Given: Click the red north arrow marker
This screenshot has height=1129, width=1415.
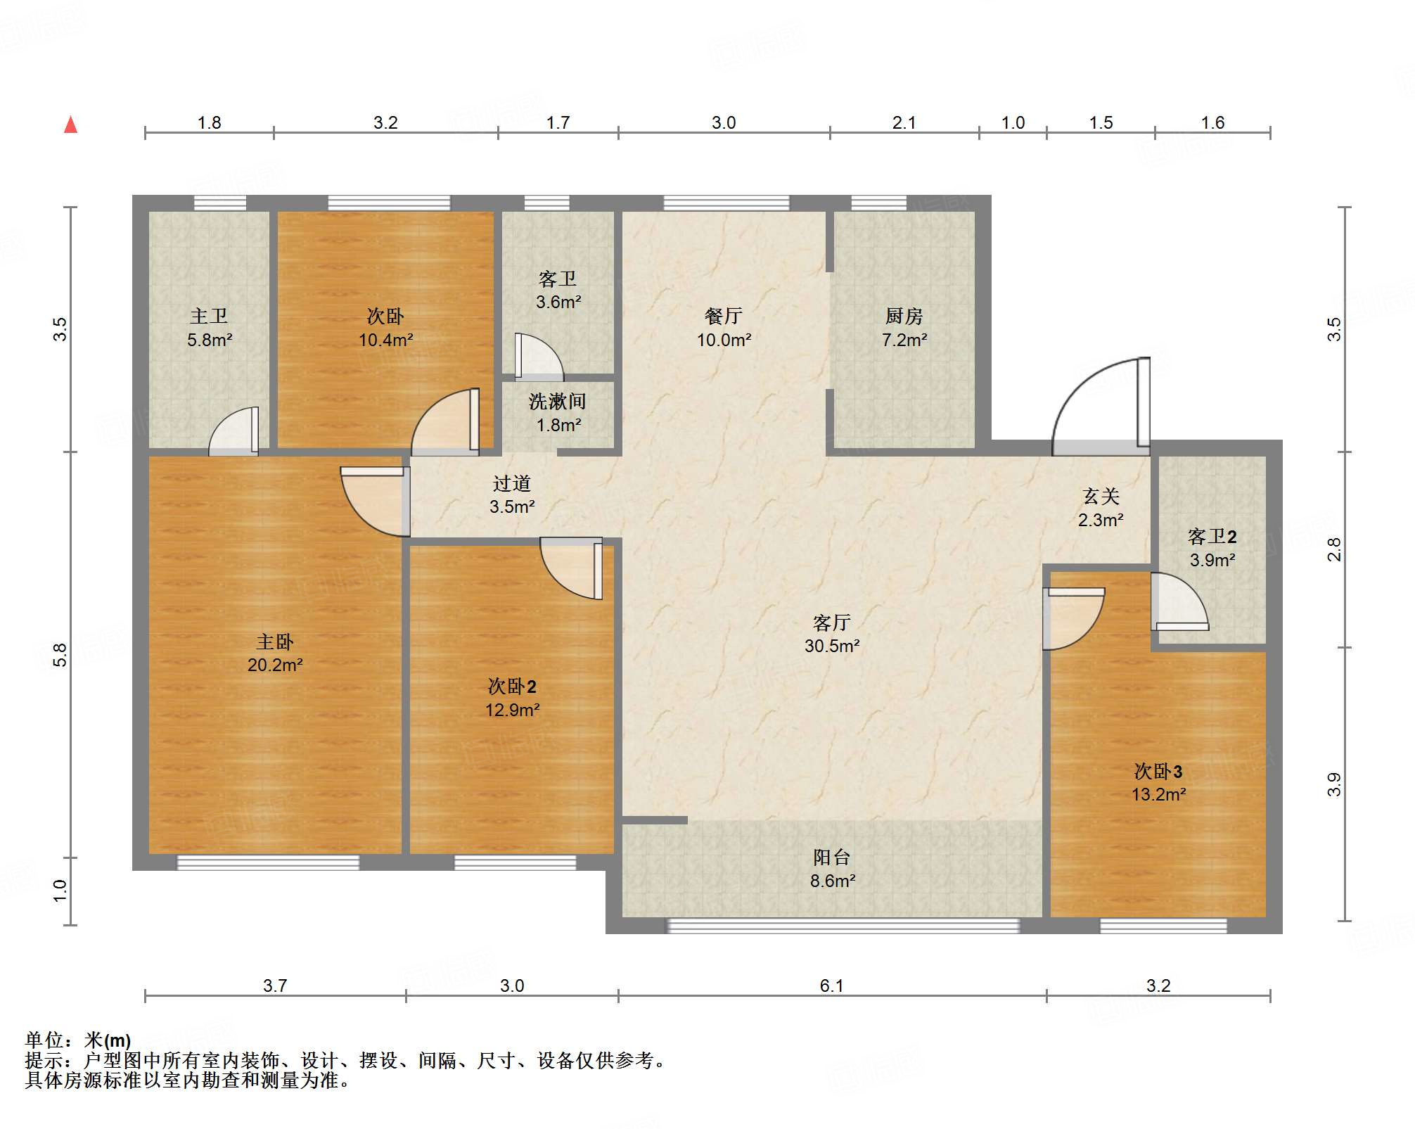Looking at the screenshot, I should coord(70,125).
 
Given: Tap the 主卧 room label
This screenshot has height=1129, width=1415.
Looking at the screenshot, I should coord(274,642).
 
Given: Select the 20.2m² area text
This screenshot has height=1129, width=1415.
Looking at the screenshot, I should coord(274,665).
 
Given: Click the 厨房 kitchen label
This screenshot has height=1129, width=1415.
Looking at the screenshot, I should coord(904,317).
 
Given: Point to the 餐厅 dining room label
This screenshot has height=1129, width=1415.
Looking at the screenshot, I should coord(724,317).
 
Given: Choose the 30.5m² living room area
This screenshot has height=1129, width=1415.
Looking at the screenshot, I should coord(832,646).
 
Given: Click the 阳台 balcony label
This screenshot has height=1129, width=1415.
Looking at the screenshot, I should coord(832,857).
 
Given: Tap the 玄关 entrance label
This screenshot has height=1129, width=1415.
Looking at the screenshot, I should coord(1101,497).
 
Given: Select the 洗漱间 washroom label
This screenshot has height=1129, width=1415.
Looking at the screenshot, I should coord(558,402).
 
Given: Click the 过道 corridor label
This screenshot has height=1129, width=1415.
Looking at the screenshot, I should coord(512,484).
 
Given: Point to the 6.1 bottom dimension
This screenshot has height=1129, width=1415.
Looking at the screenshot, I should coord(831,986).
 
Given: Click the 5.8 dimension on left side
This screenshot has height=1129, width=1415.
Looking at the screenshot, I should coord(60,655).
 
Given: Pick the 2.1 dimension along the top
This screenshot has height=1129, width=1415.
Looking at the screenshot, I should coord(904,123).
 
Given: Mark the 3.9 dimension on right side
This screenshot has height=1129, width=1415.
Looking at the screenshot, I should coord(1334,784).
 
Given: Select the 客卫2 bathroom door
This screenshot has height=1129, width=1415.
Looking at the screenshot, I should coord(1178,601).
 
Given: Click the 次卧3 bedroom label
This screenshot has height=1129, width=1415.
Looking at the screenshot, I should coord(1158,772).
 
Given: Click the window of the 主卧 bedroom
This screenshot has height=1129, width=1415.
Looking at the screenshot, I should coord(268,862).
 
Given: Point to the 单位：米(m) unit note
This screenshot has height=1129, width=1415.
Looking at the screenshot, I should coord(77,1040).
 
